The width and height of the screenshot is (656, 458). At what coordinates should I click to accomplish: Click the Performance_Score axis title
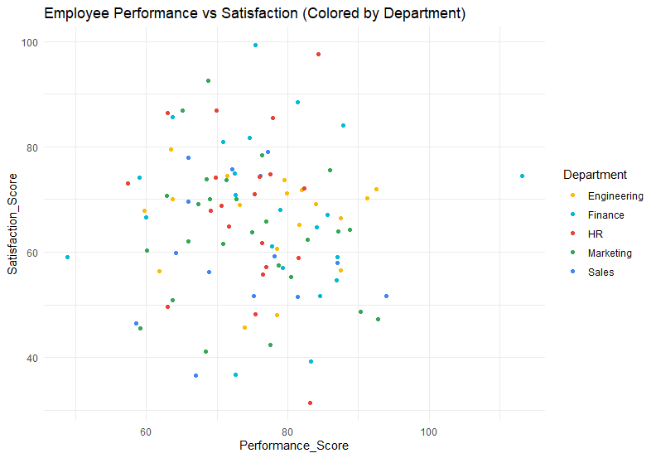pos(294,446)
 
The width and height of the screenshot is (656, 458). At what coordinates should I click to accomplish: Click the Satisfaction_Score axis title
pos(13,230)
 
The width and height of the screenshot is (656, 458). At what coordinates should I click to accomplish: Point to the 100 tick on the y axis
pos(31,42)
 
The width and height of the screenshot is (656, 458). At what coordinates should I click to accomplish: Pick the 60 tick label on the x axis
pos(146,431)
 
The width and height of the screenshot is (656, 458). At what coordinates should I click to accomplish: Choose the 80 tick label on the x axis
pos(287,431)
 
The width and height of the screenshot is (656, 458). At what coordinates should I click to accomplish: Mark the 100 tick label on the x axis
pos(429,431)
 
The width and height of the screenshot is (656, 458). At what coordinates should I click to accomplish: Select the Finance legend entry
pos(605,215)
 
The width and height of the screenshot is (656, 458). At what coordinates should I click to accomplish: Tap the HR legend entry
pos(596,234)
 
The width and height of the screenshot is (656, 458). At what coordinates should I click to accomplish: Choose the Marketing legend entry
pos(610,253)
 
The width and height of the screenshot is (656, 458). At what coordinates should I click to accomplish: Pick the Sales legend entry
pos(601,272)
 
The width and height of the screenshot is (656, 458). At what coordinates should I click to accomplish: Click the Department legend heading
pos(594,175)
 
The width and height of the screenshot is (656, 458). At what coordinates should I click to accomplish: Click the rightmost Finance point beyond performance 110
pos(522,176)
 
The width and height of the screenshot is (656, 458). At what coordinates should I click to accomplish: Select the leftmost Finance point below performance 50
pos(67,258)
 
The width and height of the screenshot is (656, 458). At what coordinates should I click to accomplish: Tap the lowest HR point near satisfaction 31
pos(310,403)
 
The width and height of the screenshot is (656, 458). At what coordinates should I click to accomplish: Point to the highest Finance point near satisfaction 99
pos(255,46)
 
